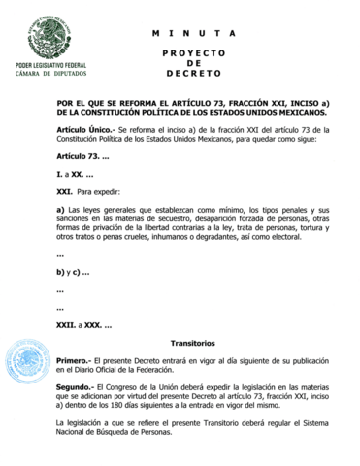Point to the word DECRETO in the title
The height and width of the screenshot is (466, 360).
[x=194, y=74]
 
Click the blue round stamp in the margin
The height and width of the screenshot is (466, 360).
[x=28, y=365]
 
